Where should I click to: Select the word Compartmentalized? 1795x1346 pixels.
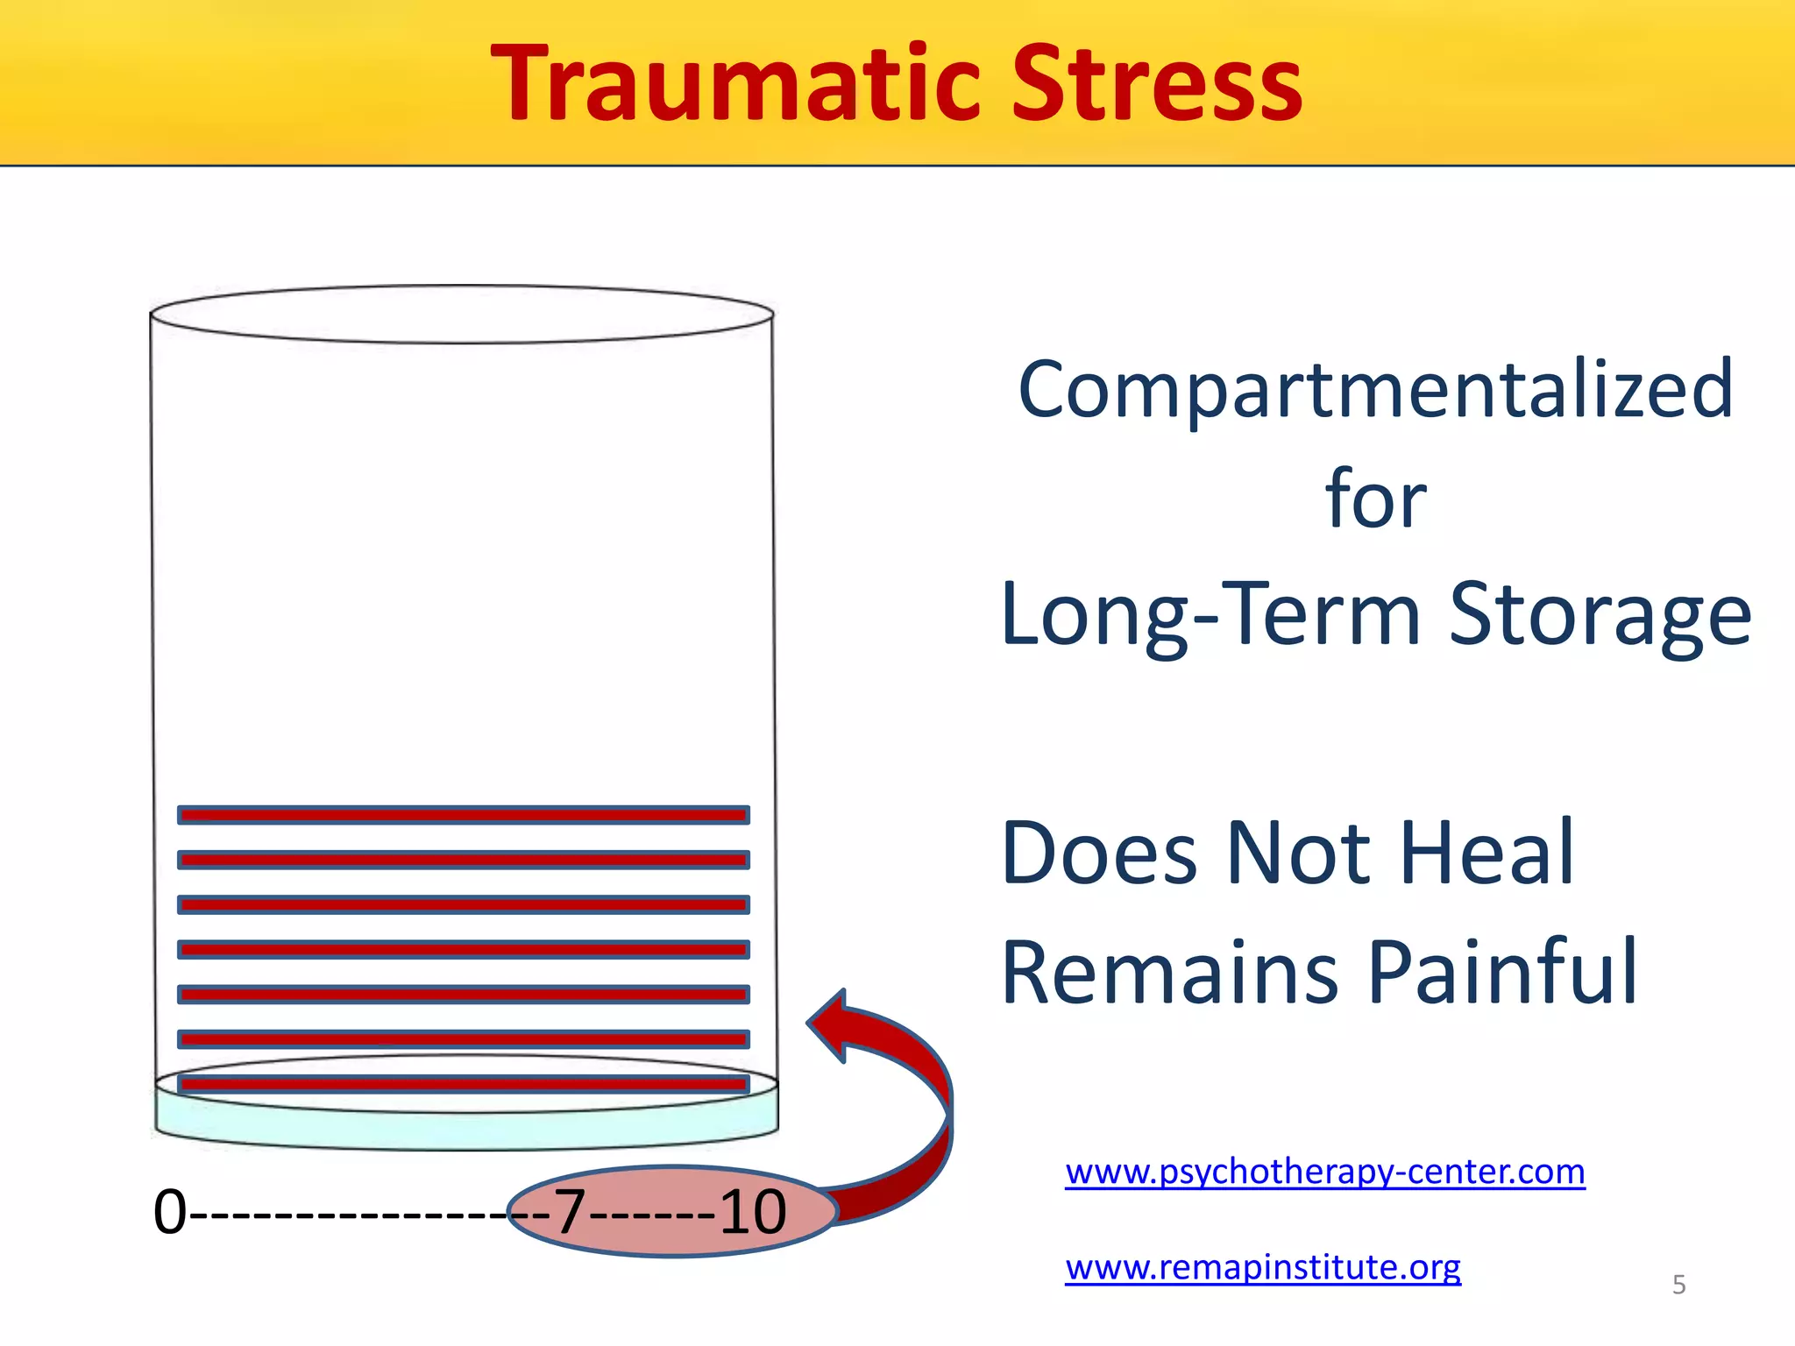coord(1375,390)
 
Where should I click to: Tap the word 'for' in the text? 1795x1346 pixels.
coord(1375,499)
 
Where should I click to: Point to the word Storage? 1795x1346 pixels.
coord(1600,615)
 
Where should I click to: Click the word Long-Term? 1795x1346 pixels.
coord(1210,615)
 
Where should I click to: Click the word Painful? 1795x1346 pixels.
coord(1502,973)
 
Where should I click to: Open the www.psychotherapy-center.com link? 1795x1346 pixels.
coord(1324,1172)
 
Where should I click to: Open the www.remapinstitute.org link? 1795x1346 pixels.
coord(1262,1268)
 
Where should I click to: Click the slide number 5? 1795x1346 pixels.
coord(1678,1285)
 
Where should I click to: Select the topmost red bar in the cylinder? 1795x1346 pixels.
coord(463,815)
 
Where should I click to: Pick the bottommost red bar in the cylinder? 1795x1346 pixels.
coord(463,1084)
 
